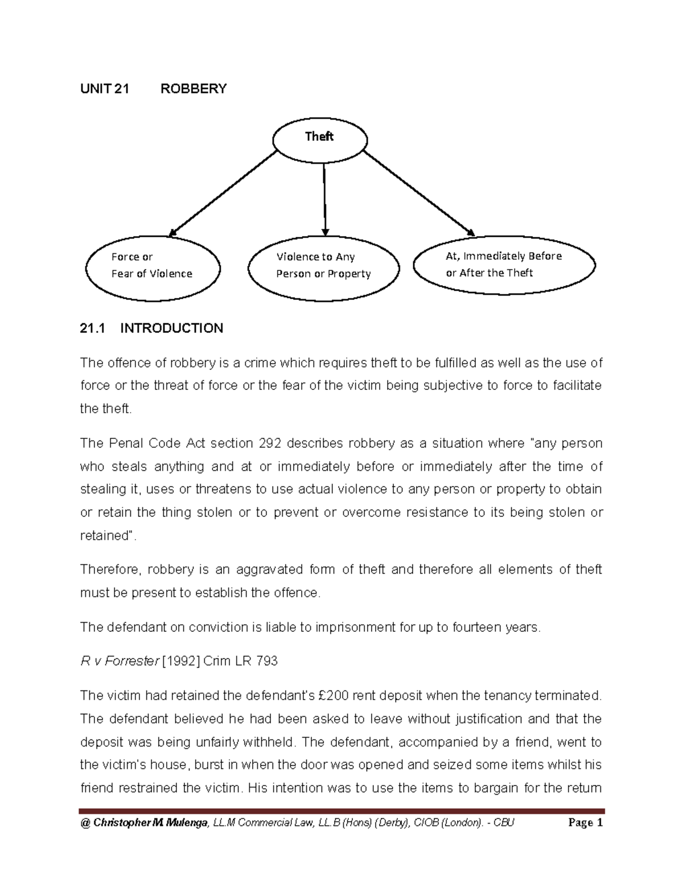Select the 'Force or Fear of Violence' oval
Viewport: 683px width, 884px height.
(x=152, y=266)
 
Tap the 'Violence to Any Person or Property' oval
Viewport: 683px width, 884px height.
(x=323, y=266)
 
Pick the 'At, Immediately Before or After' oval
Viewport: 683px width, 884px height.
(x=504, y=265)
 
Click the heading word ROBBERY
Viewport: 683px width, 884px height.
(x=194, y=89)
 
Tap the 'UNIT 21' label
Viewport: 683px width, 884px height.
(x=105, y=89)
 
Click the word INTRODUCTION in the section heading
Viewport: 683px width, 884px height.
(x=171, y=328)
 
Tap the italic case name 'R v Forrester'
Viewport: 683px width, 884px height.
(x=119, y=661)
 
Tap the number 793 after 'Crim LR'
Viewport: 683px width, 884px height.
(x=267, y=661)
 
